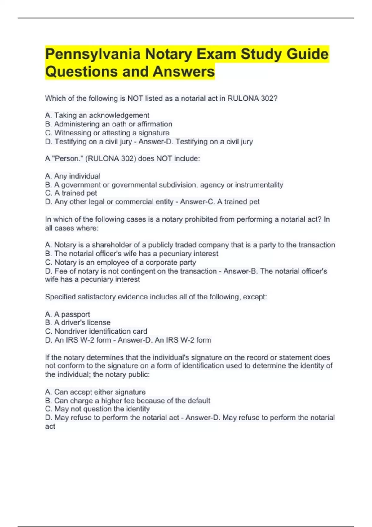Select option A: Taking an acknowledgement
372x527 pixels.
click(97, 115)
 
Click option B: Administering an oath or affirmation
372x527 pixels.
click(108, 124)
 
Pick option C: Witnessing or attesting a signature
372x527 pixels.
click(107, 133)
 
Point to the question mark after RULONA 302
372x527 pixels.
click(276, 99)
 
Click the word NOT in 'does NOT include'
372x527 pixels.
click(164, 159)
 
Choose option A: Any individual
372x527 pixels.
click(73, 176)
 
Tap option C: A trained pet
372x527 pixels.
click(71, 193)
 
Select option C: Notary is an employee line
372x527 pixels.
click(120, 263)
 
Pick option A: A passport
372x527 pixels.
click(67, 314)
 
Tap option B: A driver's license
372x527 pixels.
click(77, 322)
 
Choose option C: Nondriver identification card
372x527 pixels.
click(96, 331)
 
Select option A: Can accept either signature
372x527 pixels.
click(95, 392)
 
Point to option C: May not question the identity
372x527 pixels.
click(97, 409)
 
